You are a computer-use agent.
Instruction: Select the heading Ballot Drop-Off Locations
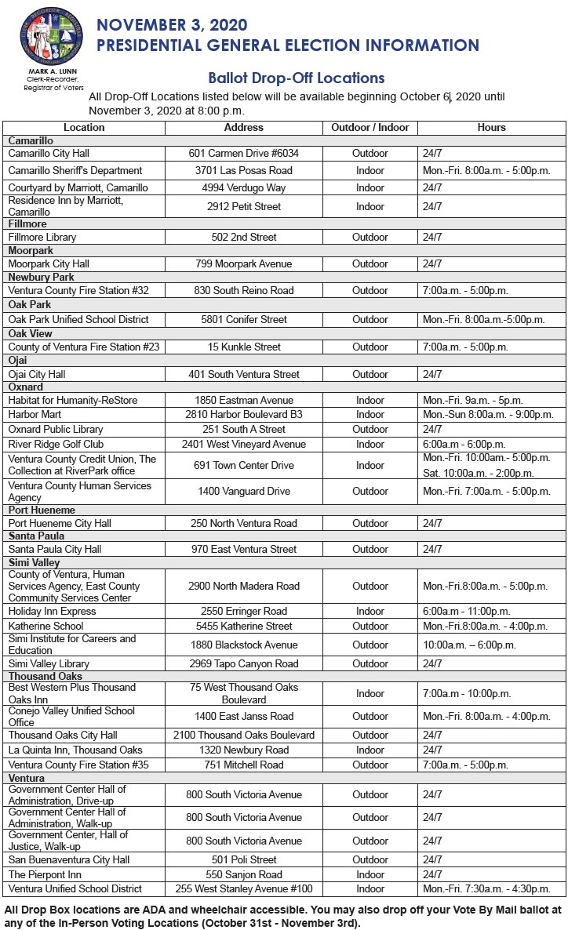tap(296, 78)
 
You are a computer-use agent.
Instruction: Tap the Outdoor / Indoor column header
tap(370, 127)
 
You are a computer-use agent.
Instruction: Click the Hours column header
tap(491, 127)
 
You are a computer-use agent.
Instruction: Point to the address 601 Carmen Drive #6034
tap(243, 153)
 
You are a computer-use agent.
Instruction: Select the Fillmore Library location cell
tap(42, 237)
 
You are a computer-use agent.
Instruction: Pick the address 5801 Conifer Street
tap(243, 320)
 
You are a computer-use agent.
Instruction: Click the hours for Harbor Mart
tap(487, 414)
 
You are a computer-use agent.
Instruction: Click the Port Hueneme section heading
tap(41, 510)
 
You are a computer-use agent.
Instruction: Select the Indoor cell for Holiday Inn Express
tap(370, 611)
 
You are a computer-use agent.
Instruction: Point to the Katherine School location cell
tap(46, 626)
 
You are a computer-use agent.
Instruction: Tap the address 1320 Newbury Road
tap(243, 750)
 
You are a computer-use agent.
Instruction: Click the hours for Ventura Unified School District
tap(486, 889)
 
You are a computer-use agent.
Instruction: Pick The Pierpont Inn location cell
tap(45, 874)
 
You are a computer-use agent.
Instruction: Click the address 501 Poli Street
tap(243, 859)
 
